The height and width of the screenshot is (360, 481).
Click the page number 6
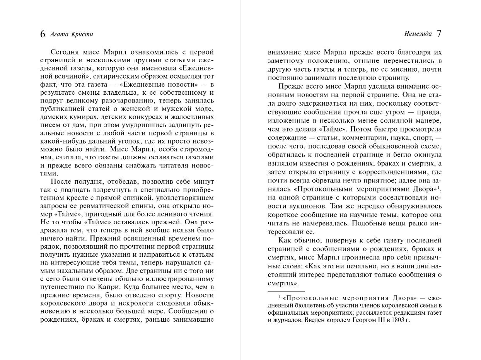(43, 34)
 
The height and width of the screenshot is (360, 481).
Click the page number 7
(439, 34)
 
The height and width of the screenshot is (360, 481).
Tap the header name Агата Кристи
(72, 34)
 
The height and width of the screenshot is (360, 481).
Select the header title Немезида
(418, 34)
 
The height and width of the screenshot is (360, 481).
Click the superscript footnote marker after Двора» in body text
(440, 187)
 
